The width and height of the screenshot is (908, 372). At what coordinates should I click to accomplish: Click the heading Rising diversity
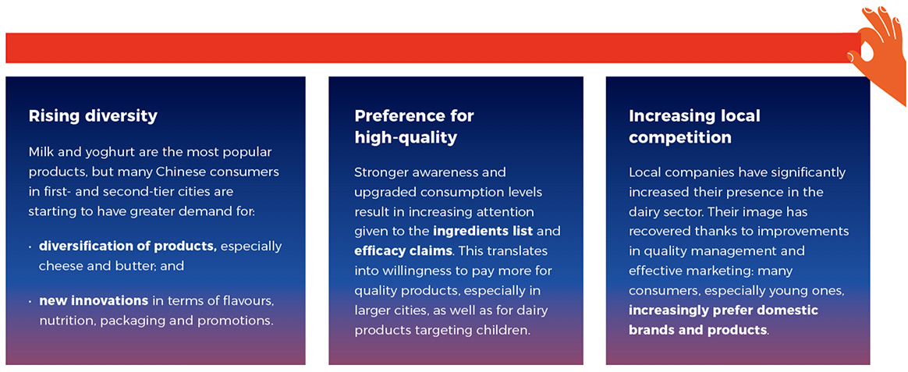pyautogui.click(x=93, y=116)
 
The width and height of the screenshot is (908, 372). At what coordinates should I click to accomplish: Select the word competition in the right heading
pyautogui.click(x=680, y=138)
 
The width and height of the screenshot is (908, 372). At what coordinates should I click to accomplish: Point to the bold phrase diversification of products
pyautogui.click(x=128, y=246)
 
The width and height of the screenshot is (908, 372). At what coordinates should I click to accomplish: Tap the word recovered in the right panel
pyautogui.click(x=659, y=232)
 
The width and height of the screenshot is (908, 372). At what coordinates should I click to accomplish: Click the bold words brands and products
pyautogui.click(x=698, y=331)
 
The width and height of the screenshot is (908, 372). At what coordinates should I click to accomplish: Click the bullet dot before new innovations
pyautogui.click(x=30, y=301)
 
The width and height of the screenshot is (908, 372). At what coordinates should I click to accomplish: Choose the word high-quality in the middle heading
pyautogui.click(x=406, y=138)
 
